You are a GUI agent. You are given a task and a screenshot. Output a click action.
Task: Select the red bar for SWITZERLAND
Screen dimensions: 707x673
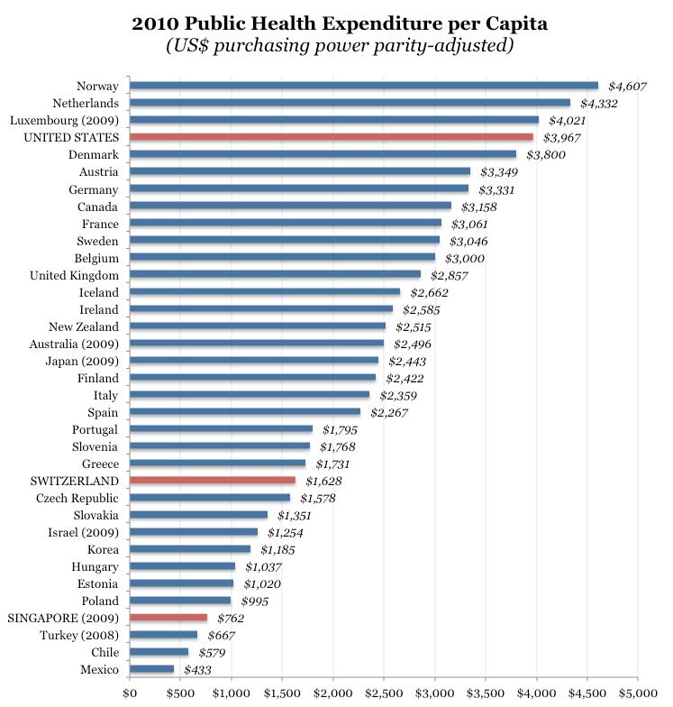point(213,481)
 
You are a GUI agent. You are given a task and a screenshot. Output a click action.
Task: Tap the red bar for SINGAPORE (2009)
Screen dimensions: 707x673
point(168,618)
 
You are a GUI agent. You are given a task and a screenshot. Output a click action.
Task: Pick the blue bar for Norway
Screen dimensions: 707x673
point(364,86)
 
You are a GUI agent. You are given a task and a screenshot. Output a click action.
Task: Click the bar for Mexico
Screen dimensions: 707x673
point(151,669)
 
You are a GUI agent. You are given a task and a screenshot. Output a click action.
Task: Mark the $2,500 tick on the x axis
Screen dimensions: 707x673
point(384,694)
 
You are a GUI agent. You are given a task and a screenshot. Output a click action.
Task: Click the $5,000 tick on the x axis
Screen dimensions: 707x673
point(638,694)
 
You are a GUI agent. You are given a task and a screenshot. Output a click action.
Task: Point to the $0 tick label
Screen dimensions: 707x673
point(130,694)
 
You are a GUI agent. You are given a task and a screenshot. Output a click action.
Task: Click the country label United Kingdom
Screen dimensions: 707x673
point(75,274)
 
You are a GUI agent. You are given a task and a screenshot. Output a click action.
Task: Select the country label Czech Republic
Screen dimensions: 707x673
point(77,498)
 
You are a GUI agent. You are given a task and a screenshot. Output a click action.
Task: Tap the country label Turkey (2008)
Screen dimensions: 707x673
point(79,635)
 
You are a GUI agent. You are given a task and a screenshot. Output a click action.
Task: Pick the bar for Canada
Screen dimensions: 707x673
point(290,206)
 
